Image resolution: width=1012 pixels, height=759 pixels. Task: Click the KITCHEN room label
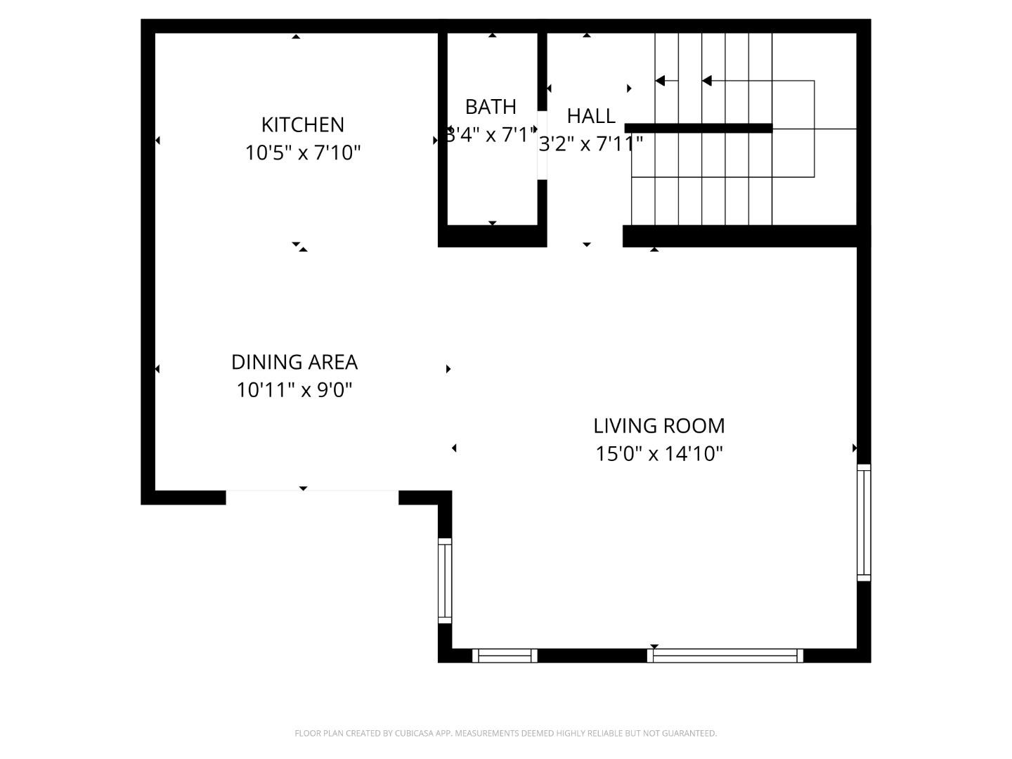(302, 124)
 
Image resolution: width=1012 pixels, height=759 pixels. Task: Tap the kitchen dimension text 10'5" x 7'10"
(302, 153)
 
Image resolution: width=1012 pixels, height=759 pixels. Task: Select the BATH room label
(491, 107)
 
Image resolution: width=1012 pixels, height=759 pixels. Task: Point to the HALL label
(591, 116)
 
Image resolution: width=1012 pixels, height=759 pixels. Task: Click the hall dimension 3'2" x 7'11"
(590, 144)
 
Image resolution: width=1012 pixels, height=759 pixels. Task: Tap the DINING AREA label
(294, 362)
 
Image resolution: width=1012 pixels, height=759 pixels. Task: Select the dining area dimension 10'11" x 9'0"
(294, 390)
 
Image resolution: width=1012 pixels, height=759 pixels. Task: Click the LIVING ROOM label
(659, 426)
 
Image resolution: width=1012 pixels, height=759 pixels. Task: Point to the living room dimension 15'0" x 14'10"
(659, 454)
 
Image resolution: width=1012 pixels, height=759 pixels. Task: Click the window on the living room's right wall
(864, 522)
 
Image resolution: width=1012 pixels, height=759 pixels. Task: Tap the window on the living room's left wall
(445, 580)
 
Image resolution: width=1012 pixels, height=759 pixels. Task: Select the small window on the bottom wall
(505, 656)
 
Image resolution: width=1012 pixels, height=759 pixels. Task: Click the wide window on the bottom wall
(725, 656)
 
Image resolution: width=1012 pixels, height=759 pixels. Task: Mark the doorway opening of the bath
(542, 145)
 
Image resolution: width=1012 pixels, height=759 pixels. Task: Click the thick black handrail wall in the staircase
(699, 128)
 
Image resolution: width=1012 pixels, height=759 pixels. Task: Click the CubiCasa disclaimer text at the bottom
(505, 733)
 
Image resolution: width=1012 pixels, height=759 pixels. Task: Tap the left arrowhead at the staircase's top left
(660, 81)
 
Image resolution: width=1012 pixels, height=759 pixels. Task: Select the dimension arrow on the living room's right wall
(855, 448)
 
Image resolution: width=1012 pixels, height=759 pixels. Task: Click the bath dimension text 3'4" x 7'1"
(491, 135)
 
